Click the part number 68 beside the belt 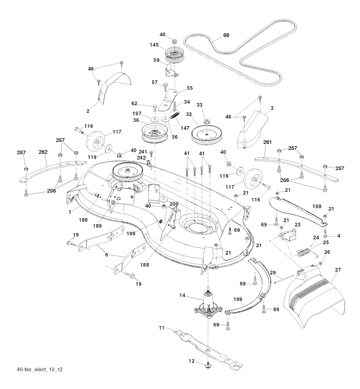click(x=226, y=35)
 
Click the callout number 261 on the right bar click(x=267, y=142)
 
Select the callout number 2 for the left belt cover click(x=88, y=110)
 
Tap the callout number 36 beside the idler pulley click(x=135, y=120)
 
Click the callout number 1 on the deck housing click(x=70, y=212)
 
